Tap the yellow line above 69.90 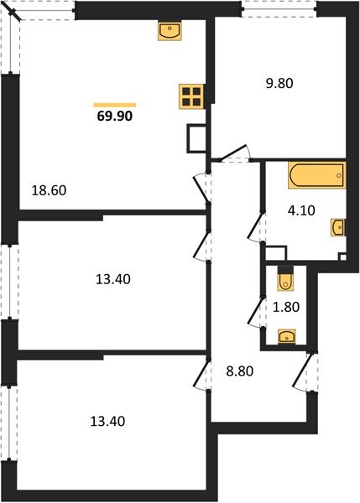[x=114, y=104]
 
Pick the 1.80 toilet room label [x=288, y=307]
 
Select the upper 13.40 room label [x=112, y=277]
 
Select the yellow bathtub [x=316, y=176]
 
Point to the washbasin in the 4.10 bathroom [x=337, y=227]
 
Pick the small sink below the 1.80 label [x=286, y=337]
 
